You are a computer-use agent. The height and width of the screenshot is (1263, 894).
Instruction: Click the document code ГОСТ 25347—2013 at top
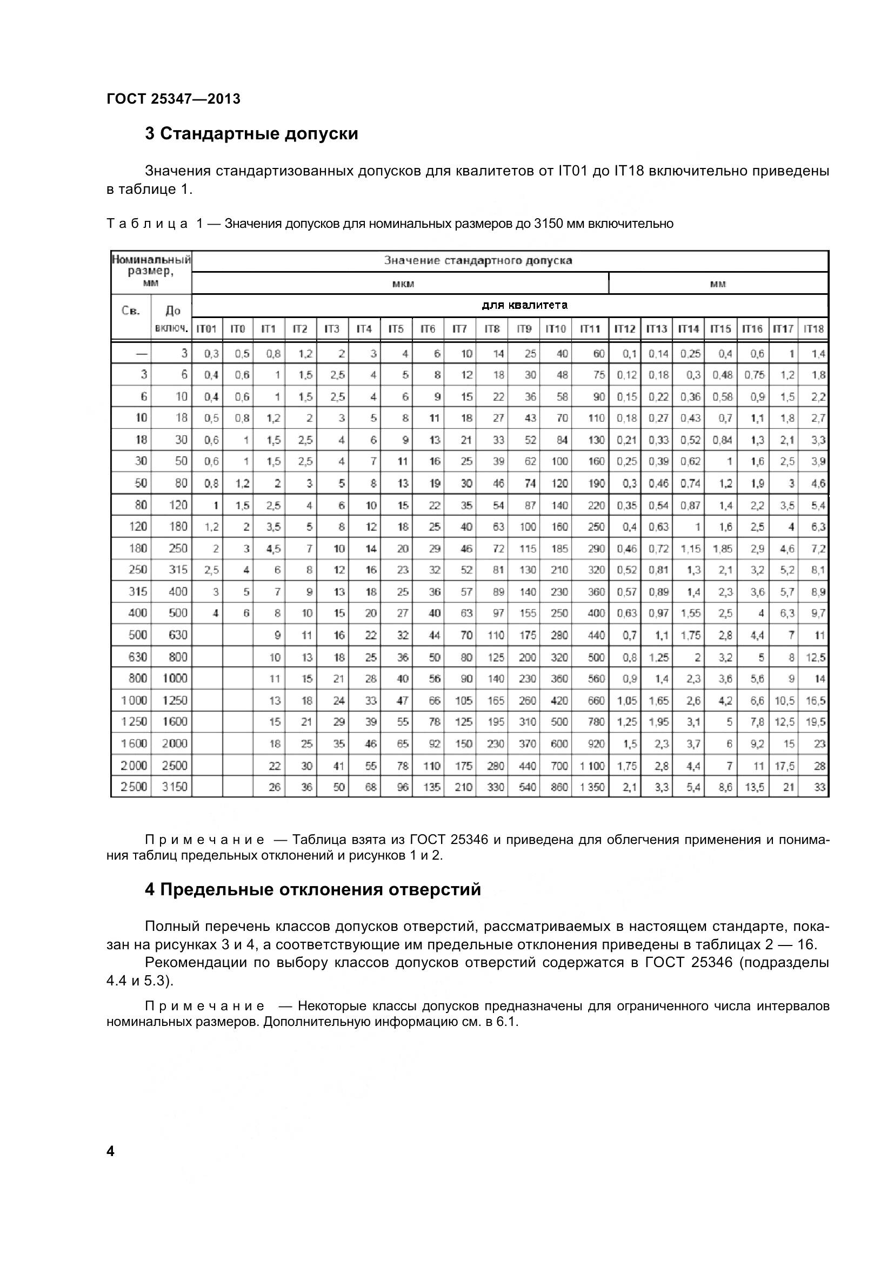click(174, 99)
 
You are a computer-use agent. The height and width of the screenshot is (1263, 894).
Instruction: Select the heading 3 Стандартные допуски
click(251, 134)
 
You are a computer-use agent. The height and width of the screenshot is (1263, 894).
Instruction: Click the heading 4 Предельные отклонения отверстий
click(312, 889)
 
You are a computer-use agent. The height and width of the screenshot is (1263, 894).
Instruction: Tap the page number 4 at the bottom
click(111, 1151)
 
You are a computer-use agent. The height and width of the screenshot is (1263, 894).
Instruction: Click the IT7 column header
click(459, 329)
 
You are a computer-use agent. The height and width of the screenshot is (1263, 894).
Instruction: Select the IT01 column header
click(206, 329)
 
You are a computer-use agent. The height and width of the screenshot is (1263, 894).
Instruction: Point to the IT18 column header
click(813, 329)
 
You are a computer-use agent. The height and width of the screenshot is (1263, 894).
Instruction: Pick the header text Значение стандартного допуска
click(478, 261)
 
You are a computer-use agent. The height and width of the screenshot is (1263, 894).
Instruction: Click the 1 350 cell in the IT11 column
click(592, 787)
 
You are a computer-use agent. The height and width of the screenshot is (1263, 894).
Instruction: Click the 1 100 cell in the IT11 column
click(592, 766)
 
